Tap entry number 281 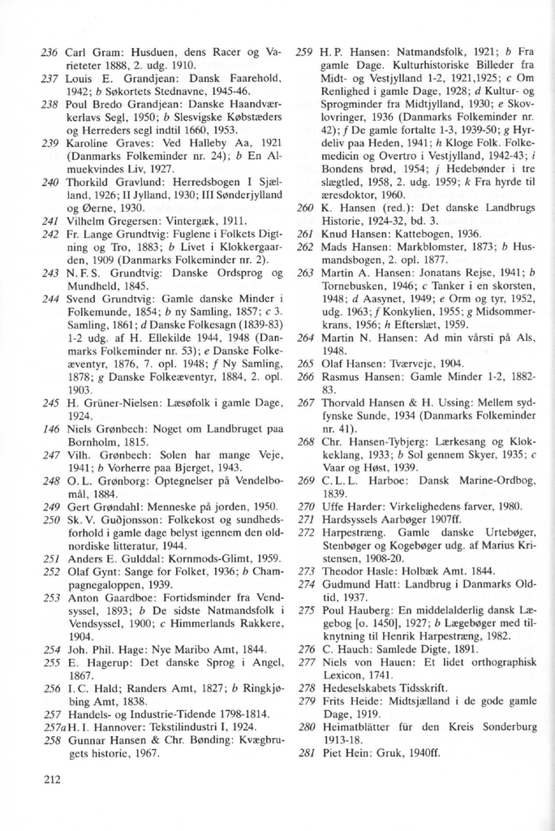(x=306, y=751)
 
